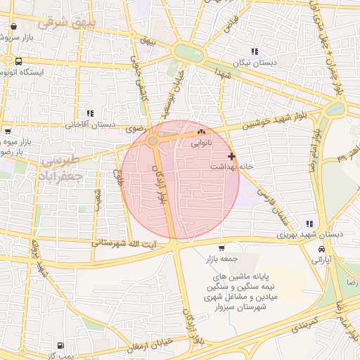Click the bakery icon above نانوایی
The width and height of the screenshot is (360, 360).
[202, 131]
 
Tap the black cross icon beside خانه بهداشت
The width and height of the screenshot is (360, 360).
[232, 155]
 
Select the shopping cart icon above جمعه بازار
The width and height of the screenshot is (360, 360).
[222, 248]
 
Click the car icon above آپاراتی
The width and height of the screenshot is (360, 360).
[321, 250]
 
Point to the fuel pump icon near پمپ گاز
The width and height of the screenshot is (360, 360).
[60, 346]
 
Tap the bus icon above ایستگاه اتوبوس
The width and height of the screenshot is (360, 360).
[18, 61]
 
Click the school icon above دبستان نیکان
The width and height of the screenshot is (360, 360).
[254, 51]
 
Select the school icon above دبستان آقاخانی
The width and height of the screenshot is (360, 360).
[89, 113]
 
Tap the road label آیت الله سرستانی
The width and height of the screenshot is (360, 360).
[133, 243]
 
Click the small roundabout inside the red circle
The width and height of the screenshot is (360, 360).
[153, 142]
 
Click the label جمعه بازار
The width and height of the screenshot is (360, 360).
[222, 259]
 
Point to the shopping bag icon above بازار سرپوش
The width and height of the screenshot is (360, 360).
[14, 27]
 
